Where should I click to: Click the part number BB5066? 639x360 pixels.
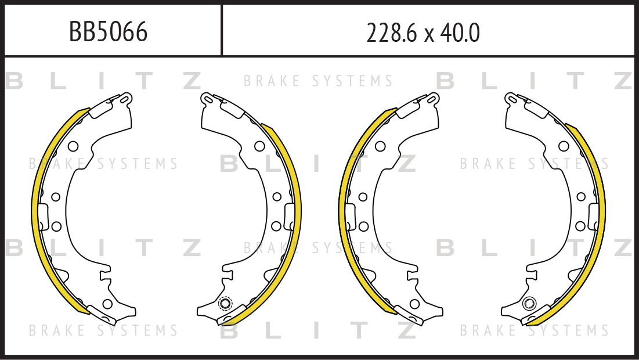coord(108,32)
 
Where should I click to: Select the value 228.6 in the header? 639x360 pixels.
coord(392,33)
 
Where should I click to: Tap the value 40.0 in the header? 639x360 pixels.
coord(460,33)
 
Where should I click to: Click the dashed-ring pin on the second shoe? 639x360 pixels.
coord(225,303)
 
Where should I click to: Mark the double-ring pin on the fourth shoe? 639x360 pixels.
coord(529,303)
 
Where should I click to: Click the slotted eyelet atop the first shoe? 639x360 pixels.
coord(125,99)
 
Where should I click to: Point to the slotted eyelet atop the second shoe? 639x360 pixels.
coord(207,99)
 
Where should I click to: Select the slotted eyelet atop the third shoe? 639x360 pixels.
coord(433,99)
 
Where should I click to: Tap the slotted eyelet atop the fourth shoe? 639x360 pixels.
coord(511,99)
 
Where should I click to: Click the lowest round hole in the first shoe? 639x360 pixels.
coord(107,304)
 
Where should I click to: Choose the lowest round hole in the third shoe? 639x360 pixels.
coord(414,304)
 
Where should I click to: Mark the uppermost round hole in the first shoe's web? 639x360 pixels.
coord(73,146)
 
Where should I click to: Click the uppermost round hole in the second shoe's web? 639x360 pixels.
coord(259,146)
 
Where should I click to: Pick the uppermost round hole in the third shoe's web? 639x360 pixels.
coord(380,146)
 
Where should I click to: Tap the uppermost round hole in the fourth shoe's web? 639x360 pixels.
coord(564,146)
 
